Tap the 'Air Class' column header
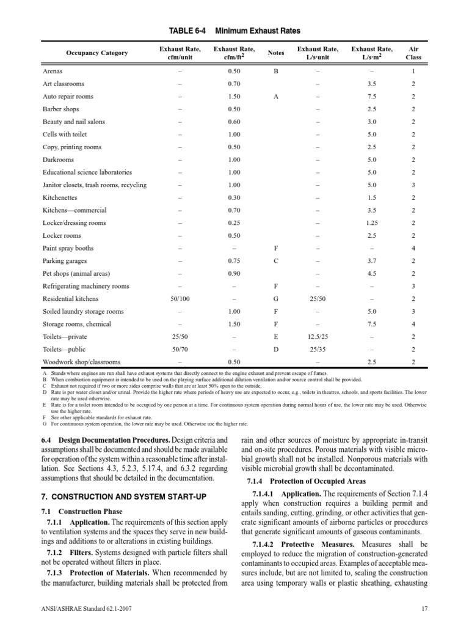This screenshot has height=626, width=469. tap(413, 53)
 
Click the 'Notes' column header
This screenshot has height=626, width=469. tap(275, 53)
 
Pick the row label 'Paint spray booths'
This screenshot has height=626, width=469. tap(68, 249)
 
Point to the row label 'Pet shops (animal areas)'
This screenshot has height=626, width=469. tap(76, 273)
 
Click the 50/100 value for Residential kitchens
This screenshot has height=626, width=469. tap(182, 298)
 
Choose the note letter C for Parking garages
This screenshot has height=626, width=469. tap(275, 261)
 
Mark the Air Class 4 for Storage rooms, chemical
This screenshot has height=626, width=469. tap(413, 323)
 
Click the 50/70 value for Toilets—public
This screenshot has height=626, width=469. tap(182, 349)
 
